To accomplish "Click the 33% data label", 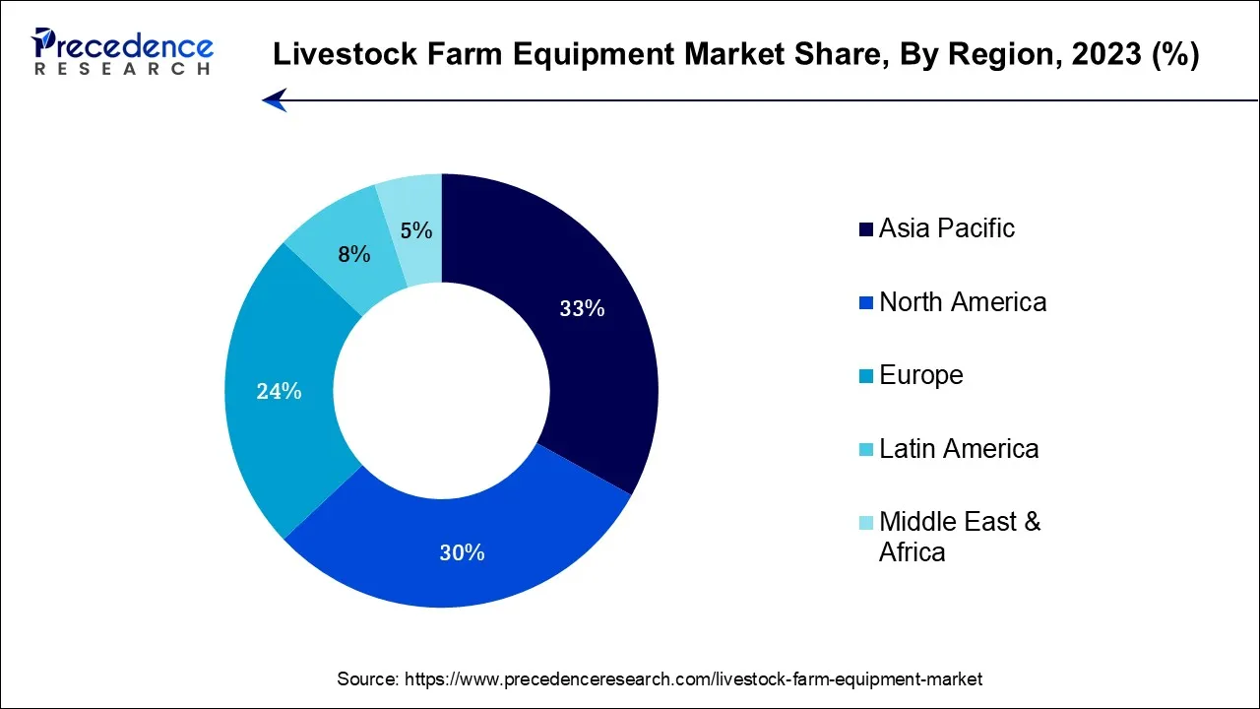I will (x=582, y=308).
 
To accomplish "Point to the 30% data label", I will (x=462, y=553).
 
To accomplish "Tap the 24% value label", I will (x=279, y=391).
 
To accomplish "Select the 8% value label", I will (x=354, y=254).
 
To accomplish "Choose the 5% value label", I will (x=416, y=230).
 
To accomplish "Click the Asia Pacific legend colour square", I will (x=866, y=229).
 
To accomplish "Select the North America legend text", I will (x=963, y=301).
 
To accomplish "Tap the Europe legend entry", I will (x=921, y=375).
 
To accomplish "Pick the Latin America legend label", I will (x=959, y=449).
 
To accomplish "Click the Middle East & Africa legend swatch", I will (x=866, y=523).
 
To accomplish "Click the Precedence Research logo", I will (x=122, y=51).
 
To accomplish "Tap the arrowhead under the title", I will (x=275, y=99).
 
